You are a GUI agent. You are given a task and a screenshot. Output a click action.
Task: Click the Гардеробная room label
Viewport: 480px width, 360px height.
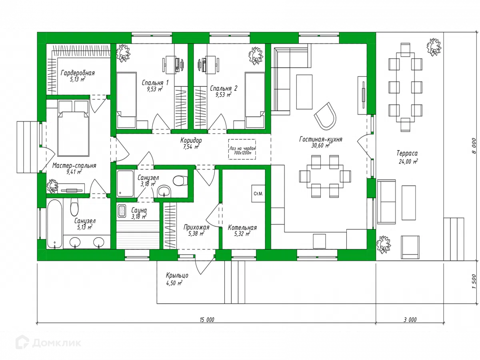point(78,73)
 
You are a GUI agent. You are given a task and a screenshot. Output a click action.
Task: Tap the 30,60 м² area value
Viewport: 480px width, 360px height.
point(320,146)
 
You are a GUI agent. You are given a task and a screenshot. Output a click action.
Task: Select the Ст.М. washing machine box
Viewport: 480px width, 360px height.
point(258,194)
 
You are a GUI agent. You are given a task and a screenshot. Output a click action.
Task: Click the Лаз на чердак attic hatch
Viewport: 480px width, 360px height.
point(242,149)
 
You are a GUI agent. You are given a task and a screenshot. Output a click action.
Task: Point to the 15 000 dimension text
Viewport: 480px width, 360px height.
point(207,320)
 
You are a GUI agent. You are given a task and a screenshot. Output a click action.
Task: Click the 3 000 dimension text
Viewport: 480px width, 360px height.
point(410,320)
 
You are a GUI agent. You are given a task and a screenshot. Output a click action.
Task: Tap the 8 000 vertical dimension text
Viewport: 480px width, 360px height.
point(474,146)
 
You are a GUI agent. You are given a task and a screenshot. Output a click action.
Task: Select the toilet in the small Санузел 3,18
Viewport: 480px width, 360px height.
point(180,180)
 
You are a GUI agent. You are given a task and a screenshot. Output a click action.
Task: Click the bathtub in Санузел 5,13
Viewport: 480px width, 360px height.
point(55,224)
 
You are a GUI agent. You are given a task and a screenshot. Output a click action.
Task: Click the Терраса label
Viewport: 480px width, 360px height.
point(407,153)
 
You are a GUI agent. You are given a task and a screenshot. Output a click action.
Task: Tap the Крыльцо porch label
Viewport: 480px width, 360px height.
point(177,275)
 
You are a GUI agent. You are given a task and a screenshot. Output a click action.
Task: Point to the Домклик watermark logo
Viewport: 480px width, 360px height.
point(48,342)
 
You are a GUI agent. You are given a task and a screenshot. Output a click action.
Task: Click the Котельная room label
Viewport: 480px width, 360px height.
point(242,228)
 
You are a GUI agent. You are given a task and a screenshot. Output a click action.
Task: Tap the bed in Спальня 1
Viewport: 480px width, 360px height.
point(126,100)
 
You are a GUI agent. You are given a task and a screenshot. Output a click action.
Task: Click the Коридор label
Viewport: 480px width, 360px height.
point(191,140)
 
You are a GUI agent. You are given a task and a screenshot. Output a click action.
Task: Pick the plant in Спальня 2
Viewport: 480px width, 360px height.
point(256,56)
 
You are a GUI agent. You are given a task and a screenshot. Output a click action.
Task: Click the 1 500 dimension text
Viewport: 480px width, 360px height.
point(474,281)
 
